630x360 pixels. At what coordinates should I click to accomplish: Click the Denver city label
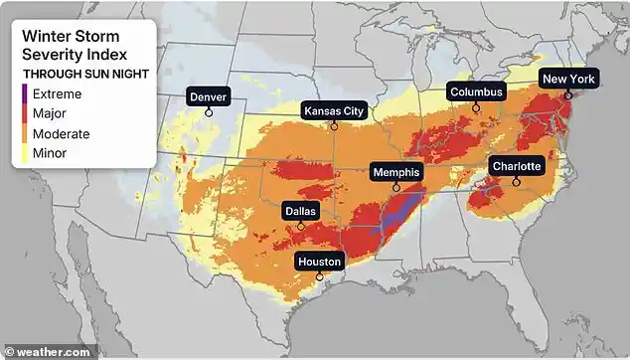(209, 96)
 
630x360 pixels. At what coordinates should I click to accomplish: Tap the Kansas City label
(334, 110)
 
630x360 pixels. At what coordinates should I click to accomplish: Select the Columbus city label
(476, 91)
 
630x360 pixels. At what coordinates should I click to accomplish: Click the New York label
(567, 79)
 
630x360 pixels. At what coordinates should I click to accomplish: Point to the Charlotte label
(516, 166)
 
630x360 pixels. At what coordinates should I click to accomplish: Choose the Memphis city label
(396, 172)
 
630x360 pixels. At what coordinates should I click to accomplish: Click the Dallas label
(301, 211)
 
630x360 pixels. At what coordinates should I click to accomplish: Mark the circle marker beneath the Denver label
(209, 112)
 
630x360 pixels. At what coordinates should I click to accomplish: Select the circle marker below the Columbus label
(476, 107)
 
